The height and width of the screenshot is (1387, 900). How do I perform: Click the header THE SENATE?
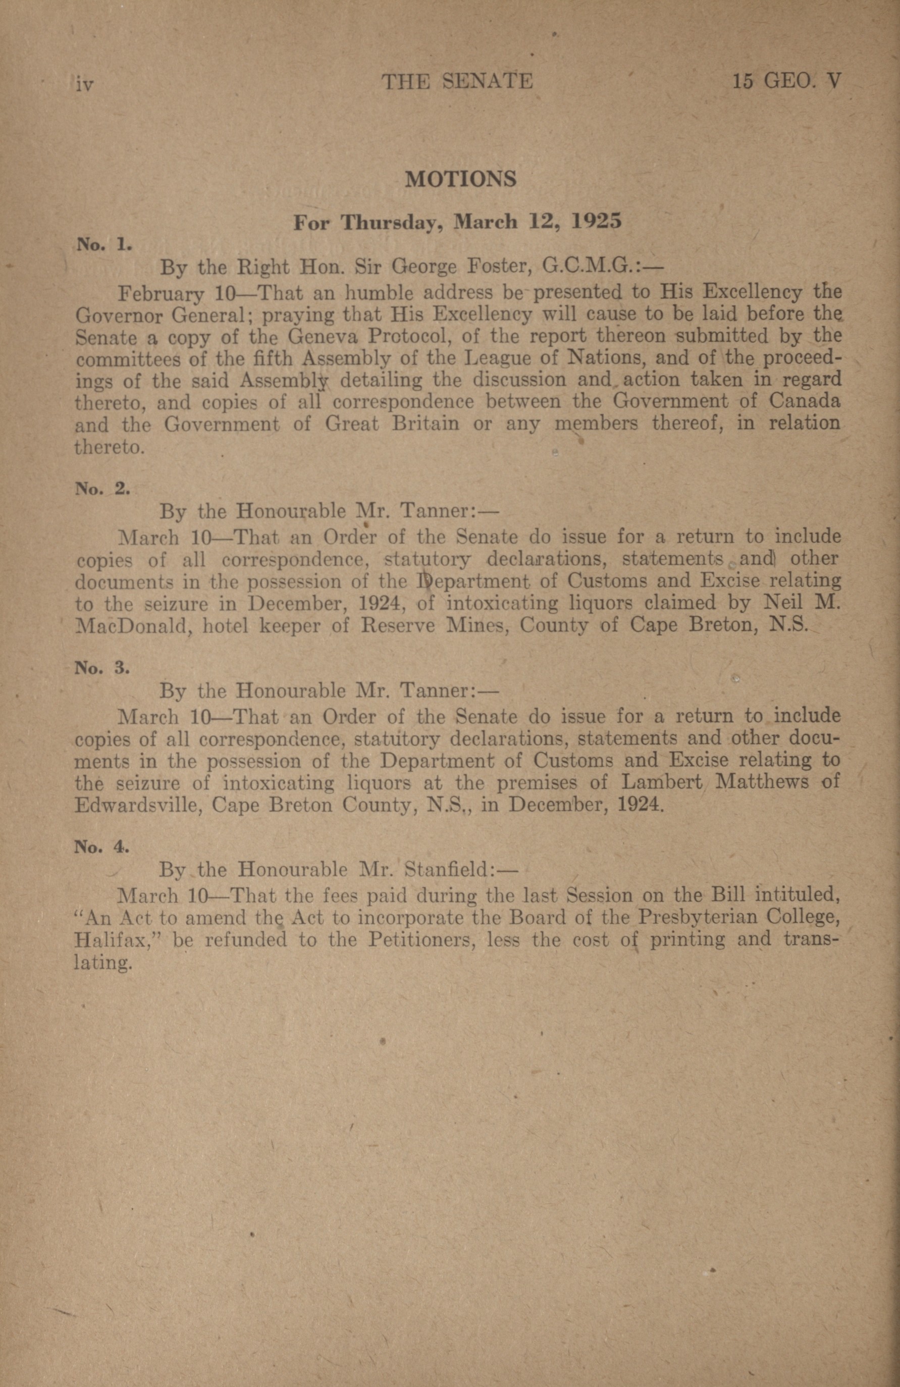457,81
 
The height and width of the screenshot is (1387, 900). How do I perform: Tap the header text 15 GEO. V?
787,81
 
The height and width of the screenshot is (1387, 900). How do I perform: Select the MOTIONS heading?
460,179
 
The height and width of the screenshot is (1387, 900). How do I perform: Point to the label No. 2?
102,489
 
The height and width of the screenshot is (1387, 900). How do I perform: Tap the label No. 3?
102,668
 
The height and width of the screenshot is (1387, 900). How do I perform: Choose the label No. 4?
102,847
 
